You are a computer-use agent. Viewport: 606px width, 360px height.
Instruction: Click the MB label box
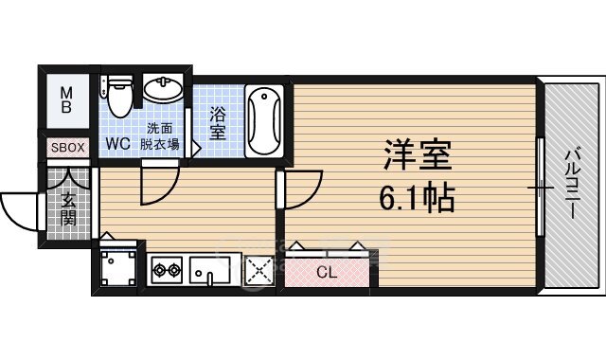click(66, 99)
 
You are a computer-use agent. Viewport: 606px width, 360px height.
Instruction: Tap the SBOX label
click(66, 148)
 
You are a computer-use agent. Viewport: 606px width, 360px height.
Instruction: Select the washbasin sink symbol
click(164, 91)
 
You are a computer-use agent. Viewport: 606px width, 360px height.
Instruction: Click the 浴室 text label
click(218, 123)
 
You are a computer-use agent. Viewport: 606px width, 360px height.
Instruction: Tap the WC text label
click(117, 144)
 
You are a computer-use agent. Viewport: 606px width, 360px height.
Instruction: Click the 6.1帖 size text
click(417, 197)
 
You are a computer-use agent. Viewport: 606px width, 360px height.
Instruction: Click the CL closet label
click(326, 272)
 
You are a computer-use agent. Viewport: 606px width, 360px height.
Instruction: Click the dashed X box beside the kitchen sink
click(258, 270)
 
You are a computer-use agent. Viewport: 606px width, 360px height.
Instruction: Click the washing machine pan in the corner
click(119, 266)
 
